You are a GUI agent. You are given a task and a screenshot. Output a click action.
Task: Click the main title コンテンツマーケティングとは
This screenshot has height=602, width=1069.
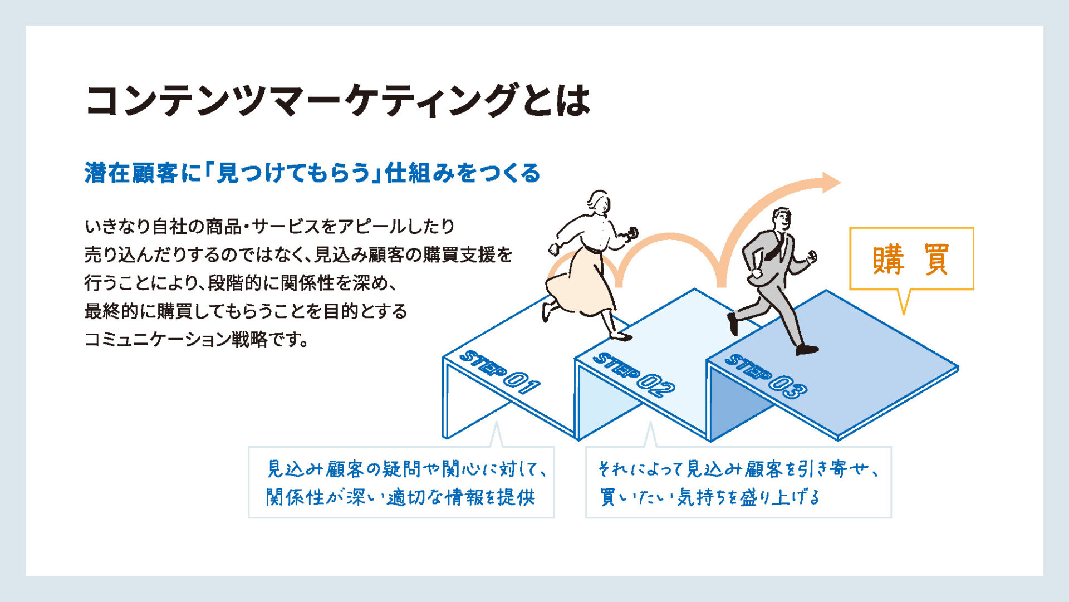(337, 101)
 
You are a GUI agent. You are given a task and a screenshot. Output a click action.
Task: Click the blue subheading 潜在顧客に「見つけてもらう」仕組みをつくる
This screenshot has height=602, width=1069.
(312, 173)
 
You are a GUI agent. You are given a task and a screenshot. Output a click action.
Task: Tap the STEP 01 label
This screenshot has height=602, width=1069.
(499, 371)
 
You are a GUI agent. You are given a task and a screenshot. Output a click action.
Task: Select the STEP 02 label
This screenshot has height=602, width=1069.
(633, 374)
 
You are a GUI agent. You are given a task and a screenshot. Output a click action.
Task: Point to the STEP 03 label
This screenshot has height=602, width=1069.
(766, 376)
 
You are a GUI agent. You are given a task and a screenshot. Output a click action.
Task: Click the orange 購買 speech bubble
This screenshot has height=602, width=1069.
(911, 259)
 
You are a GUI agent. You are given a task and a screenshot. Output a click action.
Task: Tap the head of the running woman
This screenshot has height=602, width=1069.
(599, 202)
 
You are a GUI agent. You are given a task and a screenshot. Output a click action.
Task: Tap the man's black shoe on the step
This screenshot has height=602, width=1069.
(807, 350)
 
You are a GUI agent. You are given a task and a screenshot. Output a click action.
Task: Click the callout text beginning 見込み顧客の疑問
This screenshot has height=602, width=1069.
(405, 483)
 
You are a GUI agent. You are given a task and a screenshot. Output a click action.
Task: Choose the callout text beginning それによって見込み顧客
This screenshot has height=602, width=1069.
(738, 483)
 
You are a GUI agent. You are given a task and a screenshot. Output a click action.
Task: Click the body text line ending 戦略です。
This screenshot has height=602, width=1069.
(197, 339)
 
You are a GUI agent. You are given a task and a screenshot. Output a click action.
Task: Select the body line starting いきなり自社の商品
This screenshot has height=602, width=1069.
(270, 226)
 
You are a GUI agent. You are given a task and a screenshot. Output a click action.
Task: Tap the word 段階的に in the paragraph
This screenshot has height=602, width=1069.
(243, 283)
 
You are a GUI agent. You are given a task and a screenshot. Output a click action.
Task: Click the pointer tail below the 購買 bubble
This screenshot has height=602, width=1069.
(904, 301)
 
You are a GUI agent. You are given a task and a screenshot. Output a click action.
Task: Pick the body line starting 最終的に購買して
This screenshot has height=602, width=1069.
(246, 311)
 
